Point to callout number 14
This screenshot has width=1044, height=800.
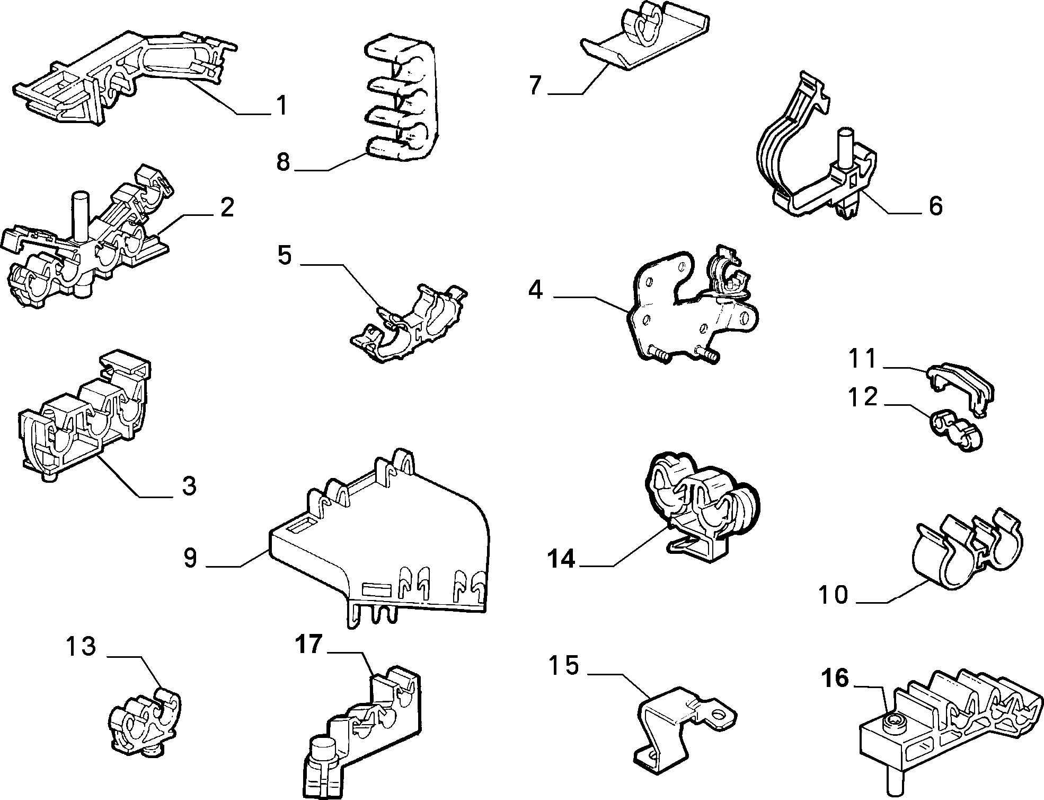561,559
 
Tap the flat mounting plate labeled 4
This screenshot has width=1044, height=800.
689,308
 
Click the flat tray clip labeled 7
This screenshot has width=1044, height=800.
644,37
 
